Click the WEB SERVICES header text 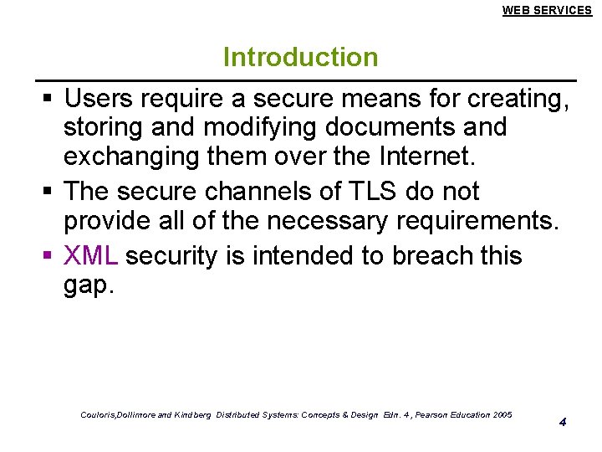pos(547,10)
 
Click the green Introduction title pos(300,58)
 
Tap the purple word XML pos(92,255)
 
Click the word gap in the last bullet pos(88,286)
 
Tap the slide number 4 pos(563,421)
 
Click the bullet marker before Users pos(48,100)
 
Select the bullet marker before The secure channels pos(48,193)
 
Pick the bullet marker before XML pos(48,256)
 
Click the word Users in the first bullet pos(99,100)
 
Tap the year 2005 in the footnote pos(503,415)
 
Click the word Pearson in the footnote pos(423,415)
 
